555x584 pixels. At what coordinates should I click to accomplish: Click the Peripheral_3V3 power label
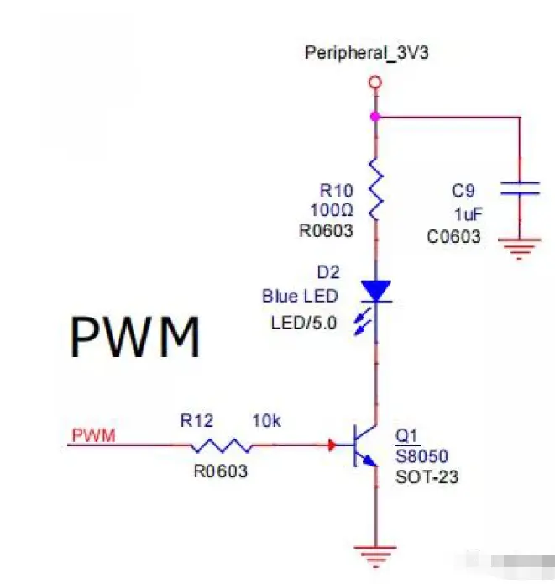point(372,54)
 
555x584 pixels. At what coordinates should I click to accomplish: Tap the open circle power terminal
point(375,82)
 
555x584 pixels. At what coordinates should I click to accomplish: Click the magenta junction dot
point(375,117)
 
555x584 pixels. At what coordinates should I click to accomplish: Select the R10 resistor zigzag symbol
point(375,190)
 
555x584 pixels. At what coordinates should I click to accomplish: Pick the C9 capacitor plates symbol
point(520,188)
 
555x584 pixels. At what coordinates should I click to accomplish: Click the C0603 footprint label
point(453,236)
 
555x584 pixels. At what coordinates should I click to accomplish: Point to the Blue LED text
point(300,297)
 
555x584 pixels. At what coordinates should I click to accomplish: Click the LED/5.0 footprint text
point(304,323)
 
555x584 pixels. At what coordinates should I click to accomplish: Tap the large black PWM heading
point(135,338)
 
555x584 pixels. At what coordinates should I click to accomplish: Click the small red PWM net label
point(94,435)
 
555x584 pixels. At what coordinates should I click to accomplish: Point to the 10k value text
point(267,421)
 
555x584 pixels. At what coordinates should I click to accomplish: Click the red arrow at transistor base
point(332,445)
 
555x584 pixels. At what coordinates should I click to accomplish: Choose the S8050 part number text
point(422,457)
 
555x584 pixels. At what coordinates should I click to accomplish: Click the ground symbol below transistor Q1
point(375,553)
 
